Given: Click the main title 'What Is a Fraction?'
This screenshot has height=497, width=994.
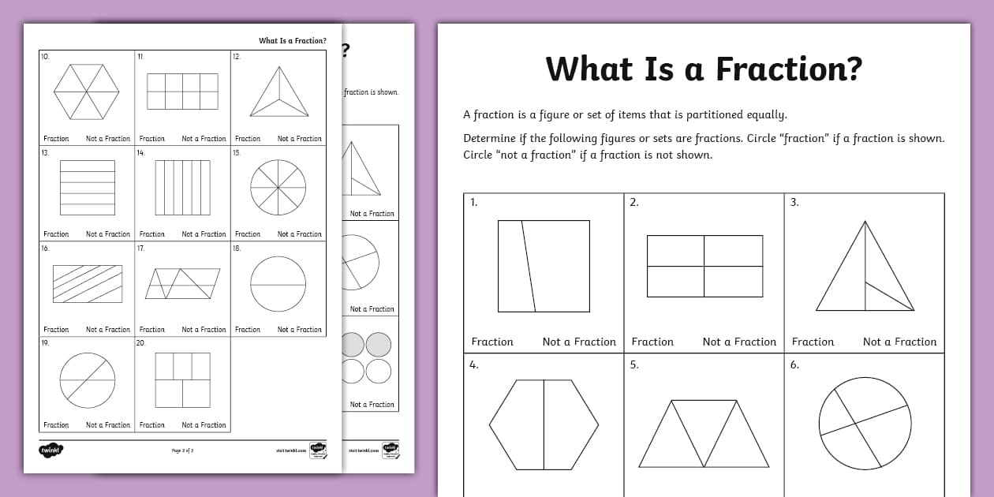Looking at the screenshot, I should point(704,69).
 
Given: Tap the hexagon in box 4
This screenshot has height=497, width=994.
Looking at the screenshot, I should point(544,424).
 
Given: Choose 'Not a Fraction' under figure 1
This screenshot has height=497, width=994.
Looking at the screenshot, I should point(579,342).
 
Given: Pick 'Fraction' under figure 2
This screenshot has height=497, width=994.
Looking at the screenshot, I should point(652,342).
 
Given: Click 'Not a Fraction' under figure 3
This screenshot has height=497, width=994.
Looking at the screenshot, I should point(899,342).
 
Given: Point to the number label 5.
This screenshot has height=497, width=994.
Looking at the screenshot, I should point(633,364).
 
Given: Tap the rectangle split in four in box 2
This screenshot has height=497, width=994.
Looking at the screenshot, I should point(704,266).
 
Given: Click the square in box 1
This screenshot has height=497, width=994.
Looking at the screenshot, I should point(544,266).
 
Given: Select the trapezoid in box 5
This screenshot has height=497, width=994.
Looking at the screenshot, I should point(704,434).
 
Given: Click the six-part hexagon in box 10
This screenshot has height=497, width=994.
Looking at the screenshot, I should point(87,92).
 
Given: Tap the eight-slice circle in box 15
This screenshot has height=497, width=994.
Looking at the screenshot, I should point(278,188).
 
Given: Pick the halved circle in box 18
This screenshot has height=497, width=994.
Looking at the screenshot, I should point(278,283).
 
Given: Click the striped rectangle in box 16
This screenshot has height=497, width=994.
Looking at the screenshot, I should point(88,284).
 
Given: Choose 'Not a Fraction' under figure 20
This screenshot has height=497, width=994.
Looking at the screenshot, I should point(204,425).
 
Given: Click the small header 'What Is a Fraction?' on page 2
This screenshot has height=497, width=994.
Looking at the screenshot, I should point(293,41).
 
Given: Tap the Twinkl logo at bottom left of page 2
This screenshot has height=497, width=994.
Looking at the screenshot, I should point(50,450).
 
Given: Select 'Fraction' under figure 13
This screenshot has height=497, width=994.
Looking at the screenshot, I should point(56,234).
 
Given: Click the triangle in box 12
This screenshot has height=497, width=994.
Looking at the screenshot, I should point(278,93).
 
